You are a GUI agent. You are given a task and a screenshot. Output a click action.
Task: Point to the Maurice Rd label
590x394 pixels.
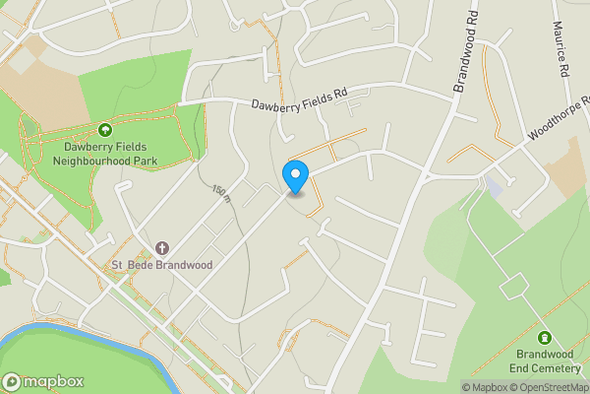point(562,52)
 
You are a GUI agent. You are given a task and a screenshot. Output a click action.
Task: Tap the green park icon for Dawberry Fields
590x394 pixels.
point(105,129)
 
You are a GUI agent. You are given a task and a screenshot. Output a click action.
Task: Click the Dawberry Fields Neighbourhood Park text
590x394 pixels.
point(105,153)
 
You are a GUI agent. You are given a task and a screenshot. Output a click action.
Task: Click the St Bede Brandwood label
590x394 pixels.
point(162,265)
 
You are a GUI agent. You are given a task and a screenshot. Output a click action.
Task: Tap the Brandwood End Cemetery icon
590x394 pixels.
point(545,338)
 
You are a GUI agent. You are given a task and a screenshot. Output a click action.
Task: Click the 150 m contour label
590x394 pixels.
point(220,193)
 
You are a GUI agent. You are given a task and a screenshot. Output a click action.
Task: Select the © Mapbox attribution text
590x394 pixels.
point(489,387)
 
